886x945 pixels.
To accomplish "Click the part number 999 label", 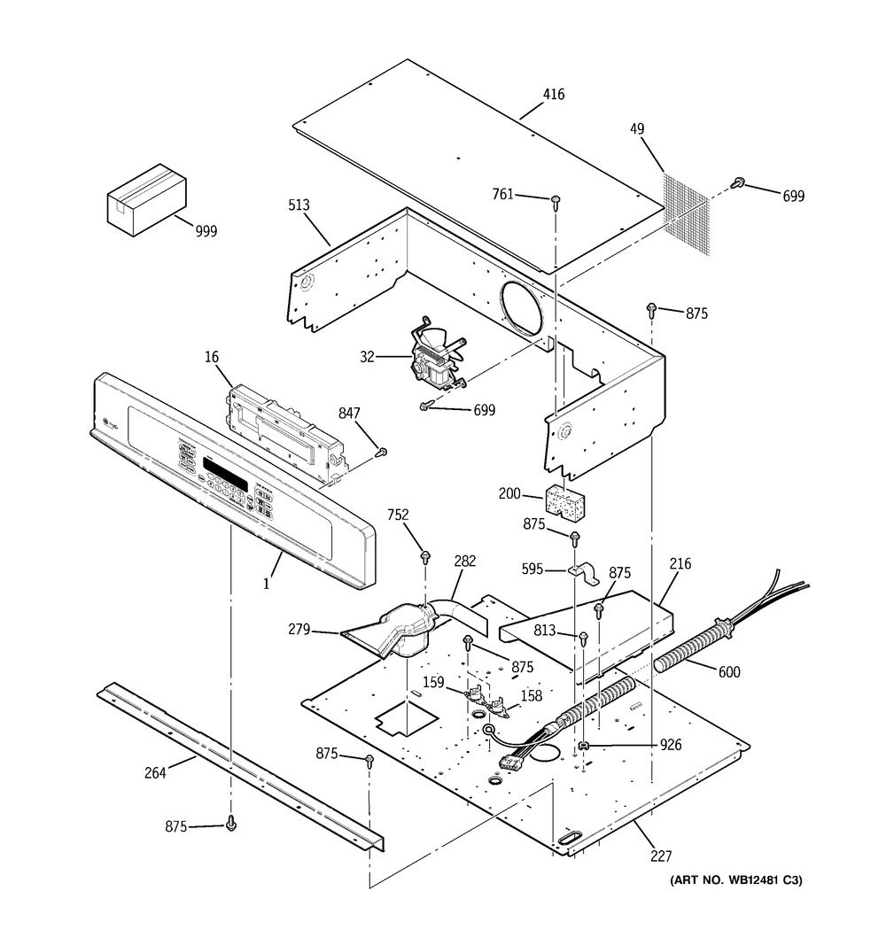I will coord(206,231).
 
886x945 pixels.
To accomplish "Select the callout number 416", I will coord(553,95).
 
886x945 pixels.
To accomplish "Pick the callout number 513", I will coord(299,205).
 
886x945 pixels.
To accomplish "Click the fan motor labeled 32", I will coord(434,358).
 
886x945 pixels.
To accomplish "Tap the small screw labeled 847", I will coord(382,453).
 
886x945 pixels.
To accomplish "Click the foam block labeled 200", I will coord(566,501).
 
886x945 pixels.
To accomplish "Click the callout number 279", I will coord(299,630).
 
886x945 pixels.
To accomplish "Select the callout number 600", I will coord(729,672).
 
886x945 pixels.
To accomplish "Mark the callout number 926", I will coord(670,746).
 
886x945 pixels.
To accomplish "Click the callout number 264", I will coord(155,771).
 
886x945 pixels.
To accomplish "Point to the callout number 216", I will coord(680,563).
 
